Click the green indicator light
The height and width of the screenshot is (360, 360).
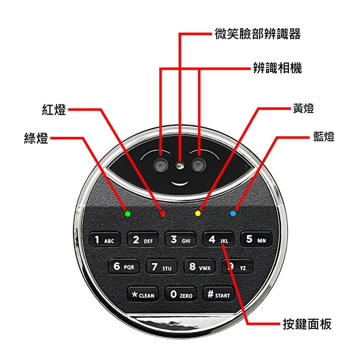click(128, 214)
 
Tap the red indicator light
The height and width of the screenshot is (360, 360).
click(162, 214)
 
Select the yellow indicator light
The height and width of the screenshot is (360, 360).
click(198, 213)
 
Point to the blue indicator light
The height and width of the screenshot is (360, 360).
click(233, 213)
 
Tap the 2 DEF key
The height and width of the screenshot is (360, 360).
click(143, 239)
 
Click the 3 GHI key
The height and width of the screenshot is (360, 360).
click(180, 239)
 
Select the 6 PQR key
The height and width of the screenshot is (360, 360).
click(124, 266)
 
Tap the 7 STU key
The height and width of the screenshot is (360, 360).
click(162, 266)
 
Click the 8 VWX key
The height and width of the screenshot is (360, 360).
click(199, 266)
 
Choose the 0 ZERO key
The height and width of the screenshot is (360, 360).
click(181, 294)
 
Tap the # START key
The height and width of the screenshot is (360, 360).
click(219, 294)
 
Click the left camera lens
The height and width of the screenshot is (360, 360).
click(161, 164)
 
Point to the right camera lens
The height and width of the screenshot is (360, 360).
click(198, 164)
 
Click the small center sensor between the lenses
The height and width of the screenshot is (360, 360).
click(180, 165)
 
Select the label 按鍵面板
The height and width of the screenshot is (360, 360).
click(307, 324)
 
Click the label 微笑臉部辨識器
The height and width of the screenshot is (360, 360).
click(257, 34)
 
